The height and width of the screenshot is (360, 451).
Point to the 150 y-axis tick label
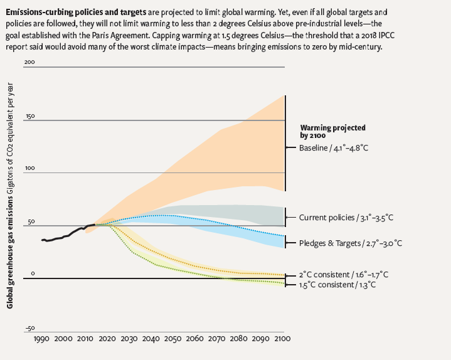[x=29, y=116]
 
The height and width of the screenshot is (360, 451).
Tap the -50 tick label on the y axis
[x=29, y=327]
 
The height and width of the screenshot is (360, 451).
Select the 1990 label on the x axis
[x=43, y=339]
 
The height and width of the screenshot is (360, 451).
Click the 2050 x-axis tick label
[x=172, y=339]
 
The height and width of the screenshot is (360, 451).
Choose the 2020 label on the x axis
[x=107, y=339]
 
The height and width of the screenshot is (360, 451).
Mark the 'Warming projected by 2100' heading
[x=332, y=130]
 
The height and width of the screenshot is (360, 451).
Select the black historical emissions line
[x=63, y=235]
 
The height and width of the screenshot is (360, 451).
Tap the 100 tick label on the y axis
[x=29, y=168]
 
